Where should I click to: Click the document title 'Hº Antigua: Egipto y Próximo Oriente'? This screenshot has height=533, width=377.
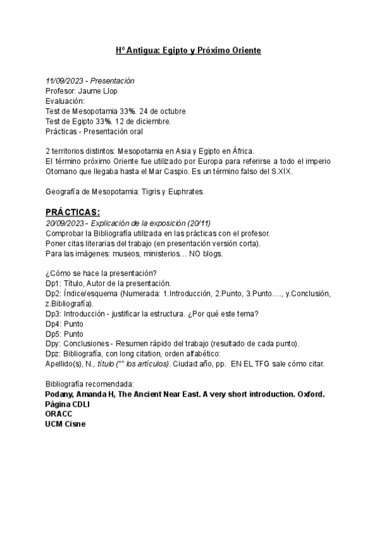click(x=188, y=50)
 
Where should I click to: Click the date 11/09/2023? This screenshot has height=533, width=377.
click(x=64, y=81)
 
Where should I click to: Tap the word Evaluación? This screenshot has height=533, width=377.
click(x=65, y=101)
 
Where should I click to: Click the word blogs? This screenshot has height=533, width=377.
click(x=211, y=253)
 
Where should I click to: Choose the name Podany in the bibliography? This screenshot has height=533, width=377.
click(x=60, y=394)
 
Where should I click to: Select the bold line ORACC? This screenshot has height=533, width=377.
click(x=58, y=414)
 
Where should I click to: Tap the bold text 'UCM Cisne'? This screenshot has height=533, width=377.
click(x=65, y=424)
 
